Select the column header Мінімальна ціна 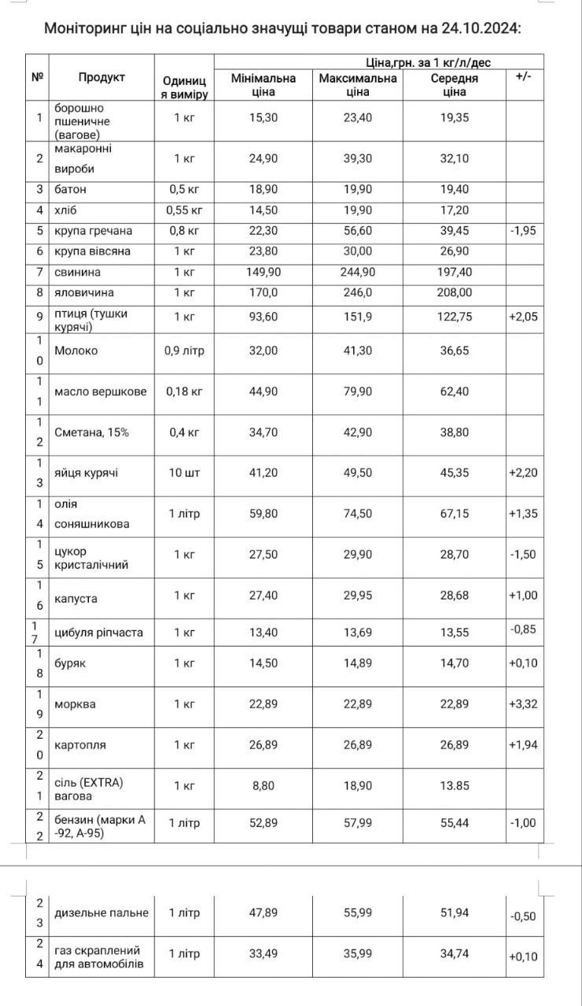[x=263, y=85]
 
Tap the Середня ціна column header [x=455, y=85]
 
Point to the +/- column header [x=523, y=77]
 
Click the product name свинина [x=76, y=272]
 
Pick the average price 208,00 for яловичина [x=455, y=292]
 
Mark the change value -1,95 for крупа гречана [x=523, y=230]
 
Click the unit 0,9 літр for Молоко [x=184, y=351]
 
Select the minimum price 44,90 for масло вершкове [x=263, y=391]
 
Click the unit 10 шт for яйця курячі [x=184, y=473]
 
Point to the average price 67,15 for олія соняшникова [x=455, y=513]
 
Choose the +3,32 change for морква [x=523, y=703]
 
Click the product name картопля [x=80, y=744]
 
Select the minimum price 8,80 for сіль [x=263, y=783]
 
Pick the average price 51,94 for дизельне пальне [x=455, y=912]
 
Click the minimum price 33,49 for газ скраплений [x=263, y=953]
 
